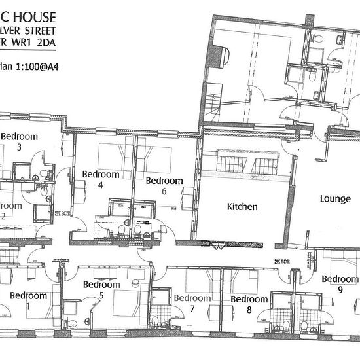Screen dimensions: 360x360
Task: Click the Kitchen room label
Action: coord(242,207)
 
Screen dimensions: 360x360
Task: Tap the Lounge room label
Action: coord(335,198)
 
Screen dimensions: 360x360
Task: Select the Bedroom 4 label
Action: coord(101,180)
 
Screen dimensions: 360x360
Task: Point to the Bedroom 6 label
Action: coord(164,186)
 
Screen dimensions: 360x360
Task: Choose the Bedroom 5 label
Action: coord(102,290)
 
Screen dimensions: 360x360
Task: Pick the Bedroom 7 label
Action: coord(192,304)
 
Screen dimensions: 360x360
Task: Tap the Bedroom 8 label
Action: coord(249,304)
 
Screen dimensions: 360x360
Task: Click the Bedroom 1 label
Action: coord(27,300)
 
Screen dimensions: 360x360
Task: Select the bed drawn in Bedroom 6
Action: coord(157,157)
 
